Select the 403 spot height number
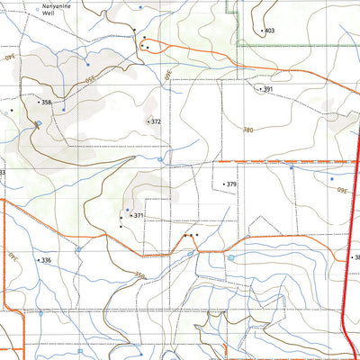point(270,31)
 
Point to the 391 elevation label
point(267,89)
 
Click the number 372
point(156,121)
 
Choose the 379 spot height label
point(231,184)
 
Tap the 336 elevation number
point(47,260)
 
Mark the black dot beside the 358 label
point(39,103)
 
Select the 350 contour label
point(139,275)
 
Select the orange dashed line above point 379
point(270,162)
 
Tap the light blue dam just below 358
point(38,123)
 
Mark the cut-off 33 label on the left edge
point(3,173)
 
